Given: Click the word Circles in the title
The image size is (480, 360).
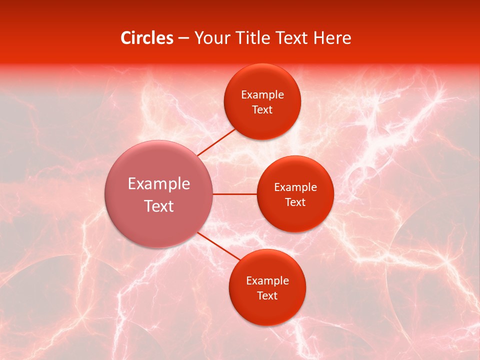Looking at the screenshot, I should pyautogui.click(x=147, y=38).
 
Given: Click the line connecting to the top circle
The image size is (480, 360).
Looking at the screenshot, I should pyautogui.click(x=216, y=142).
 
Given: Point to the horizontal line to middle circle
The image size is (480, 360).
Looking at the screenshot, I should pyautogui.click(x=235, y=194).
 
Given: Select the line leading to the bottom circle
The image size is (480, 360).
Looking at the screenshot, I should pyautogui.click(x=219, y=246).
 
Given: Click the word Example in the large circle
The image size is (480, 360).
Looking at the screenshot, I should pyautogui.click(x=159, y=184).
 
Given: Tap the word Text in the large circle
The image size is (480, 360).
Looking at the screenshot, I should pyautogui.click(x=159, y=206).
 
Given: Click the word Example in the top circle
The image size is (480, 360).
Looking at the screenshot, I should pyautogui.click(x=262, y=95).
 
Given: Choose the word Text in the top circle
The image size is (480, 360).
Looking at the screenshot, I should pyautogui.click(x=262, y=110).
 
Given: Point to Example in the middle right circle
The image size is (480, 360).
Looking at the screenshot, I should pyautogui.click(x=295, y=187).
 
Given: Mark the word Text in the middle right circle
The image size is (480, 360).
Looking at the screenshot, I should pyautogui.click(x=295, y=202).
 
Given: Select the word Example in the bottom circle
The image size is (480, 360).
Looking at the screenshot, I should pyautogui.click(x=267, y=281).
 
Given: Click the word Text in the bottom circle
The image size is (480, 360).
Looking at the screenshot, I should pyautogui.click(x=267, y=296).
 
